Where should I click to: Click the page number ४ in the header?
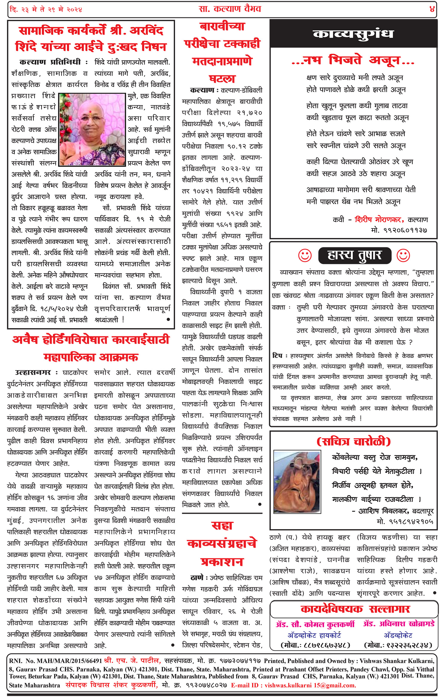click(x=432, y=9)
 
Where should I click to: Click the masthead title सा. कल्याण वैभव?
click(x=230, y=9)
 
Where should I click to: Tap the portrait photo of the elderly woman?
click(x=92, y=129)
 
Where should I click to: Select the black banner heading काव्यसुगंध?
click(x=353, y=34)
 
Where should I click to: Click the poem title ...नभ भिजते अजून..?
click(x=353, y=61)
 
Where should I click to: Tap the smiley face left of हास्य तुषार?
click(x=305, y=256)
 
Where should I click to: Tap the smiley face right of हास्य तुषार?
click(x=403, y=256)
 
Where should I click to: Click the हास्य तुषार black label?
click(x=355, y=256)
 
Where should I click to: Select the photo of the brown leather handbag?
click(x=297, y=482)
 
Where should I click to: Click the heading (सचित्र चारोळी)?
click(x=353, y=442)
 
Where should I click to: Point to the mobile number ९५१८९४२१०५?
click(x=405, y=522)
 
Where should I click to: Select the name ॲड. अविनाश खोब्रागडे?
click(x=398, y=624)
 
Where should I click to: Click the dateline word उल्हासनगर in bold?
click(x=33, y=373)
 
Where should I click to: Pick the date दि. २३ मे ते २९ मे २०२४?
click(x=46, y=10)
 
